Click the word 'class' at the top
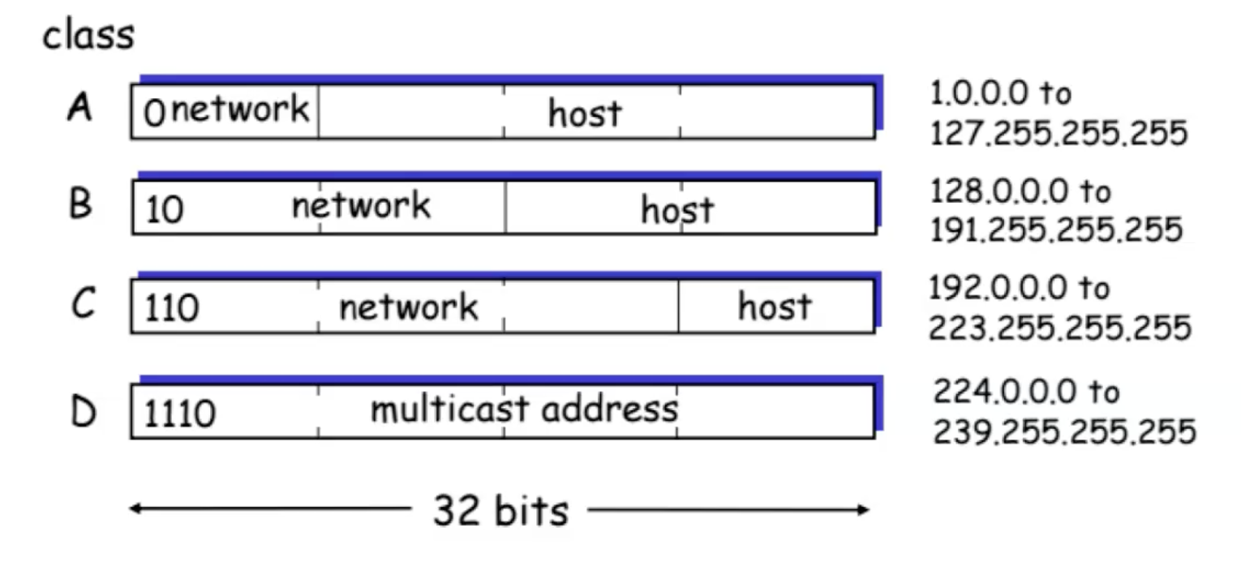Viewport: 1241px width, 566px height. pos(88,36)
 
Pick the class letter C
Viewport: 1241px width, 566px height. pos(81,306)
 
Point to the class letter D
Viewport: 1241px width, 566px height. pos(82,411)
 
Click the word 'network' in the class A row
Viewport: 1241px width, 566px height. pos(241,109)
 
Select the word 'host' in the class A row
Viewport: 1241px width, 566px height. pos(585,114)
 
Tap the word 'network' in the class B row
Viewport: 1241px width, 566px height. pos(361,205)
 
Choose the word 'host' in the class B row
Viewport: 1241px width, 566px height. pos(677,209)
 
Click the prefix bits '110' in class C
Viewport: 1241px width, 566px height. pos(172,309)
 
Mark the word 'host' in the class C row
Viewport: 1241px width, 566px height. pos(774,307)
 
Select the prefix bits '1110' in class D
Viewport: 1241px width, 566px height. pos(180,414)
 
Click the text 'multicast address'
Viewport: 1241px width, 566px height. pos(523,409)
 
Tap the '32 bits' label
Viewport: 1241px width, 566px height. pos(500,511)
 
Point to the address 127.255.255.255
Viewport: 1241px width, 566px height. pos(1058,133)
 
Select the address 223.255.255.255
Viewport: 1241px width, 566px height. pos(1059,328)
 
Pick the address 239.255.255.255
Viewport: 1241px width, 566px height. pos(1063,431)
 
